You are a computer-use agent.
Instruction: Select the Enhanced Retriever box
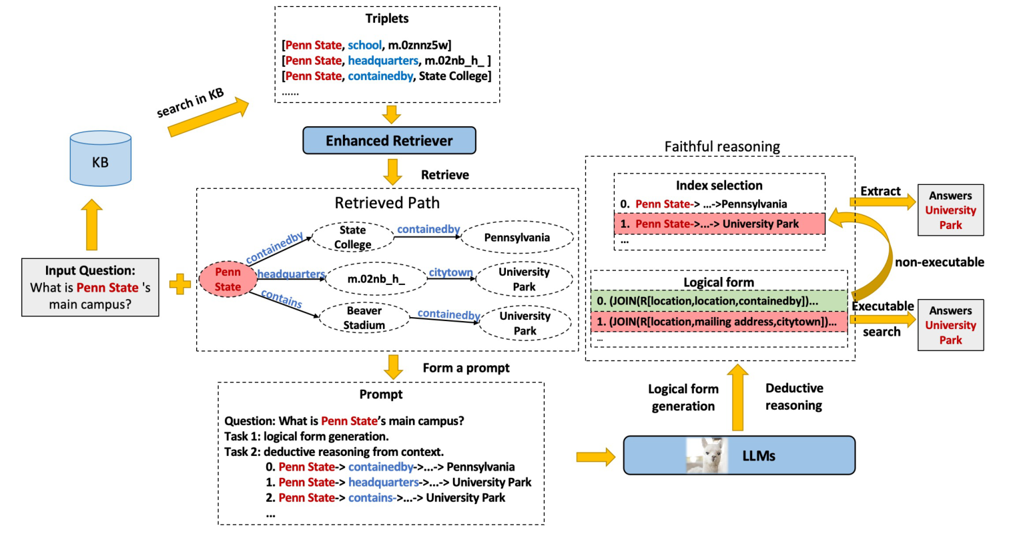[x=389, y=141]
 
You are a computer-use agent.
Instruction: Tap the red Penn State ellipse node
[x=228, y=279]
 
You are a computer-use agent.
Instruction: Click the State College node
[x=352, y=237]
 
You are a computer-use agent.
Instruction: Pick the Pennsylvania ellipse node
[x=517, y=238]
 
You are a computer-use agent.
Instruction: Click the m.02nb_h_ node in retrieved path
[x=376, y=279]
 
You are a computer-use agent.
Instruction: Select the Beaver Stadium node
[x=364, y=318]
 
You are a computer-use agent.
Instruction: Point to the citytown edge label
[x=450, y=272]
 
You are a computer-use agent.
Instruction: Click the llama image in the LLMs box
[x=706, y=456]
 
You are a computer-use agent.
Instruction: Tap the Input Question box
[x=90, y=287]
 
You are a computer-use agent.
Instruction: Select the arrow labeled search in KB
[x=208, y=117]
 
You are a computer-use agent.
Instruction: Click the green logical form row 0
[x=719, y=301]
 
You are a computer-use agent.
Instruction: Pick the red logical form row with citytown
[x=719, y=322]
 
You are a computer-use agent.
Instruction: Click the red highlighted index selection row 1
[x=719, y=224]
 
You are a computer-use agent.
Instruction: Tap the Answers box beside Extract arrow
[x=950, y=210]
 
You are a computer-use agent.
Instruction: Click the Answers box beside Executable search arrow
[x=950, y=325]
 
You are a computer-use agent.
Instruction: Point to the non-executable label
[x=939, y=262]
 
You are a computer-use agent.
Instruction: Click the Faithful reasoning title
[x=721, y=146]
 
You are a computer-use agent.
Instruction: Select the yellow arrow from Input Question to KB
[x=91, y=226]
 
